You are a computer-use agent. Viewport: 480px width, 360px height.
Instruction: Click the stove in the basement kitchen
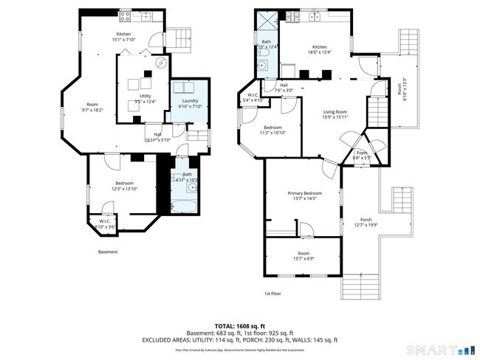tap(125, 15)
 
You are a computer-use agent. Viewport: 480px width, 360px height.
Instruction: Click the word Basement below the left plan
tap(108, 252)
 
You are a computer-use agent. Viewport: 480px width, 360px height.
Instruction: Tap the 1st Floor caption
tap(272, 293)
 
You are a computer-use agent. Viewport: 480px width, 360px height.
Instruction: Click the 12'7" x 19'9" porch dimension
tap(366, 225)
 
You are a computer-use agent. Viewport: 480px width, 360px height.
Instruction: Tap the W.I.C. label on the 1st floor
tap(253, 95)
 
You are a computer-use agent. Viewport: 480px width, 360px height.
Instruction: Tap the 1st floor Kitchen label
tap(318, 46)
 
